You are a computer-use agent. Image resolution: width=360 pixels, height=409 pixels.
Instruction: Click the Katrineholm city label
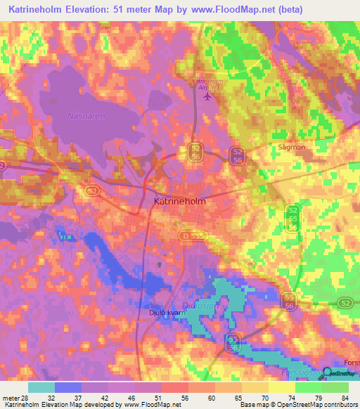click(179, 202)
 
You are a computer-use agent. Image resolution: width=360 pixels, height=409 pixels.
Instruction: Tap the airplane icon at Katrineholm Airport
click(207, 96)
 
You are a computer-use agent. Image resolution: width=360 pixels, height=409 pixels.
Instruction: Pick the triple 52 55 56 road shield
click(292, 218)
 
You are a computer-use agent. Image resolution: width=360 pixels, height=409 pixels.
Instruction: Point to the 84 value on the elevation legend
click(344, 397)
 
